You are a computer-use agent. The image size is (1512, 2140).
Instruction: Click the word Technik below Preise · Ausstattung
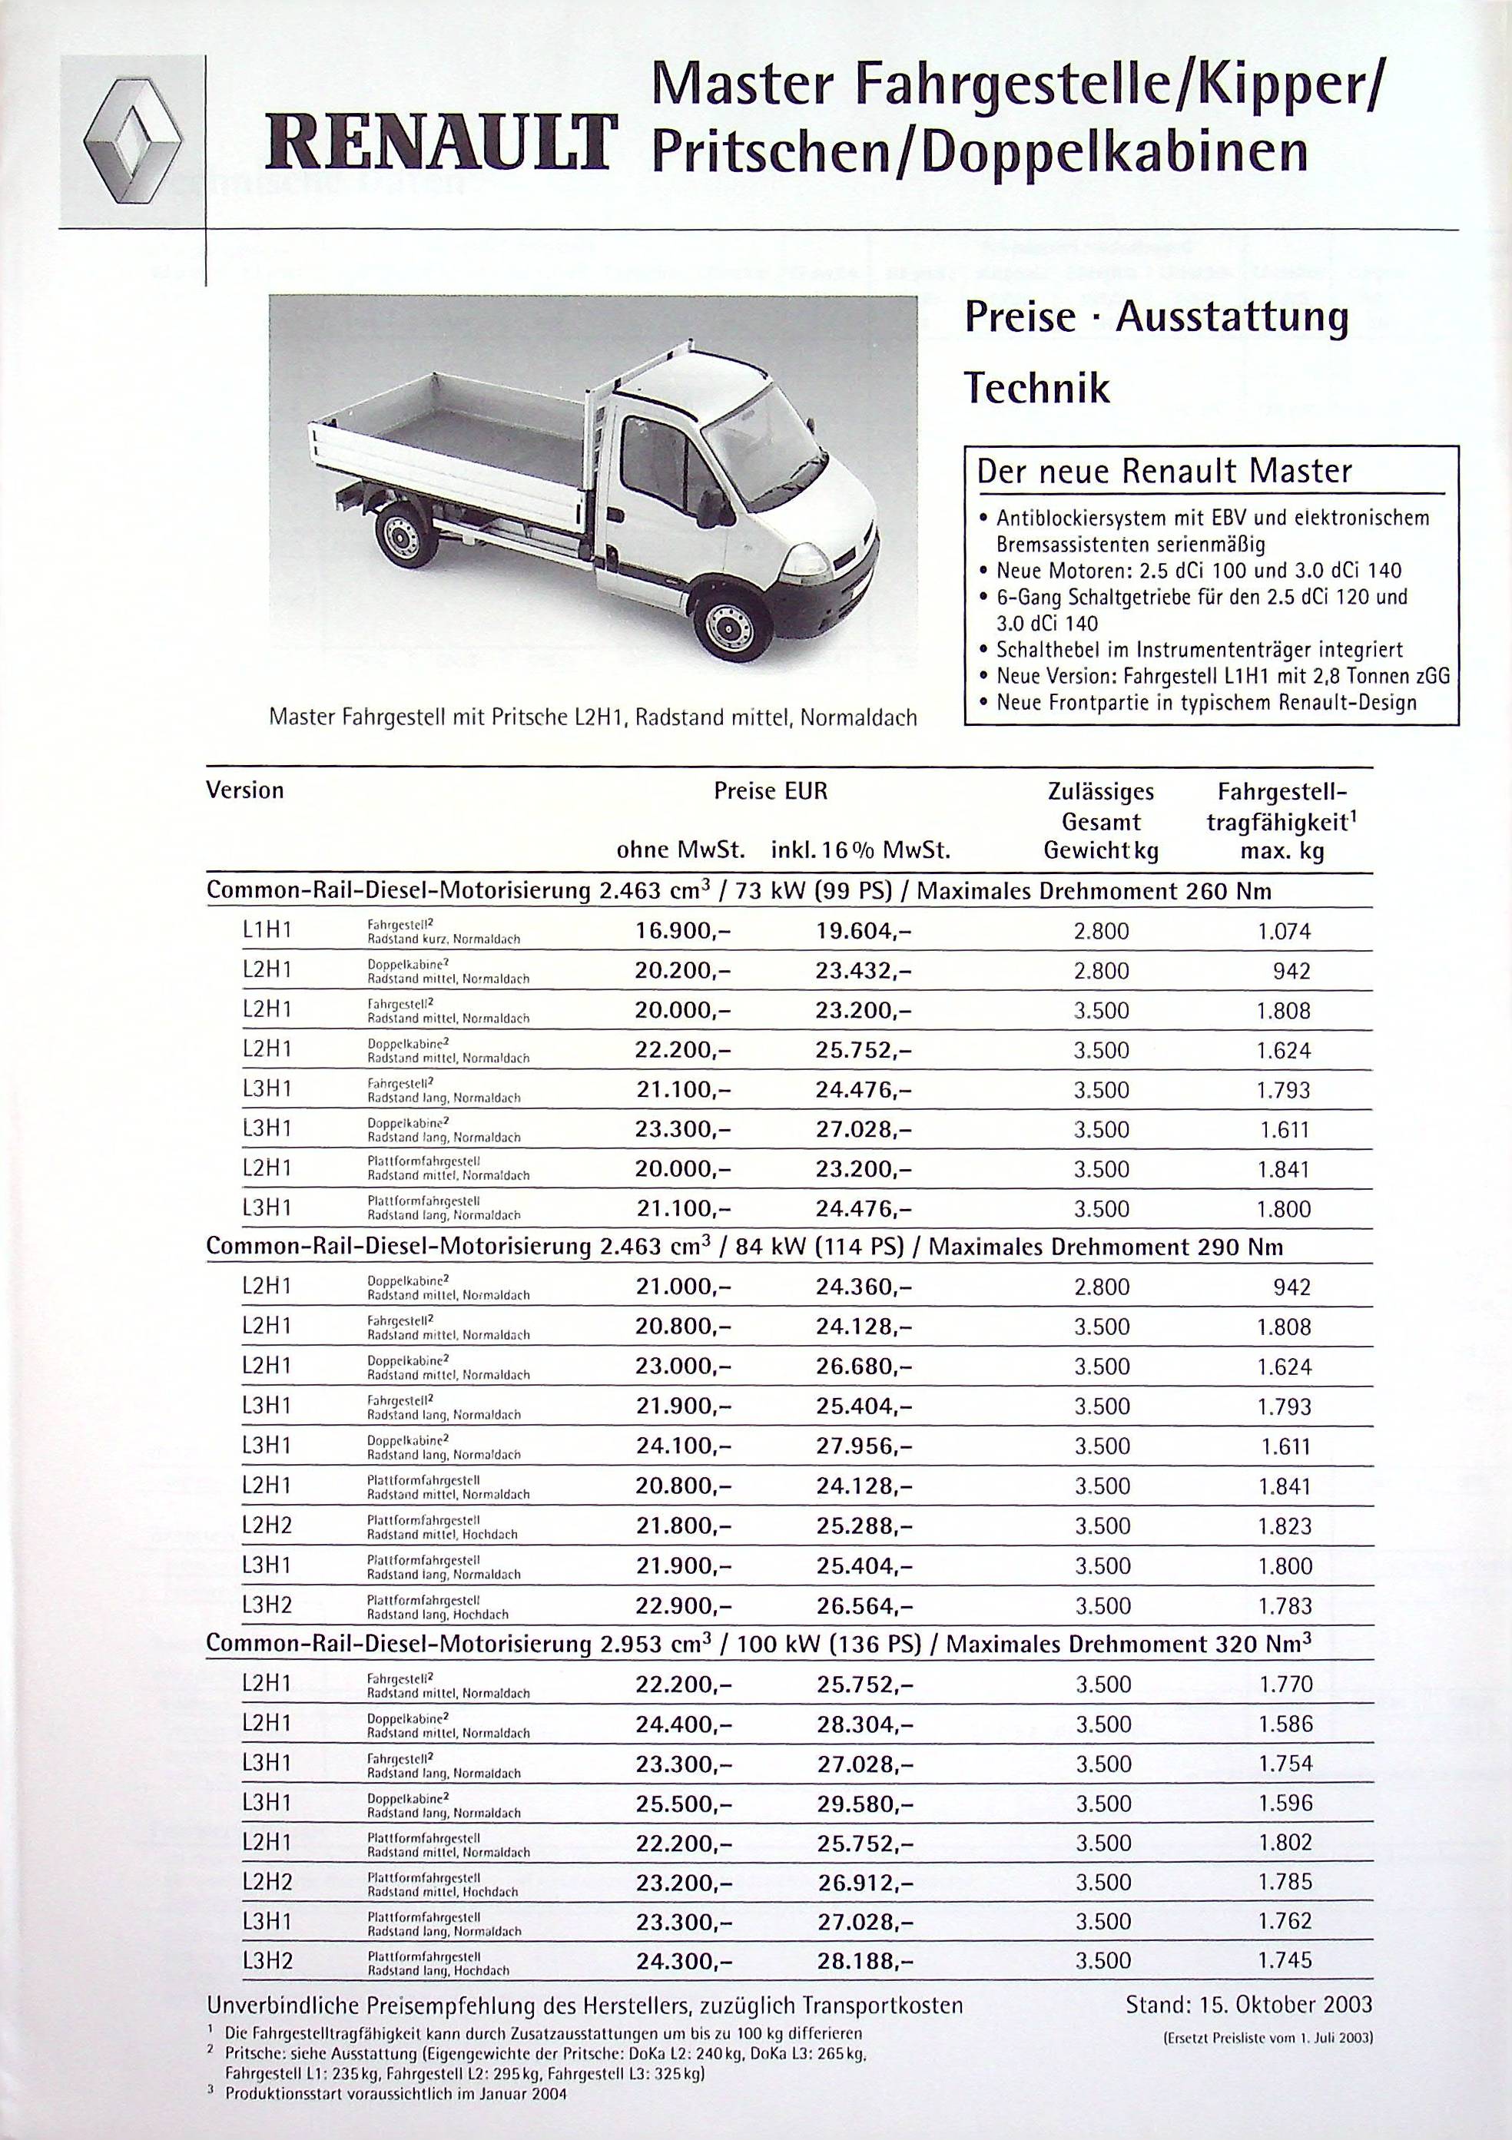tap(1036, 388)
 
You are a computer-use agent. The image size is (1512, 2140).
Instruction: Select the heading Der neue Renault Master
tap(1163, 472)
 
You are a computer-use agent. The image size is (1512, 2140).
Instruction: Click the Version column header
tap(244, 791)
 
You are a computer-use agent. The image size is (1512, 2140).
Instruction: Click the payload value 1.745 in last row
tap(1285, 1960)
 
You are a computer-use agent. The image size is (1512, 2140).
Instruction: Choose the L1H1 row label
tap(267, 931)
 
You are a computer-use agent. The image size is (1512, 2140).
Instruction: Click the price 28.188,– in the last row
tap(865, 1961)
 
